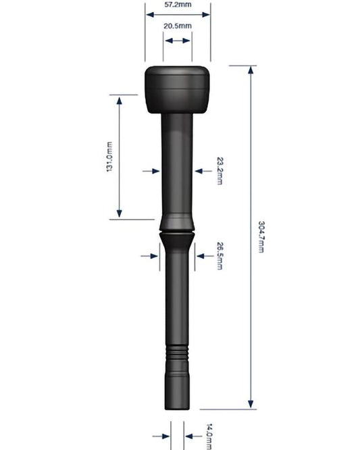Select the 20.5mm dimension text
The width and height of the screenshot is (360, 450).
(x=178, y=26)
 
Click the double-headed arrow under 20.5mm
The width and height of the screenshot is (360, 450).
(x=178, y=41)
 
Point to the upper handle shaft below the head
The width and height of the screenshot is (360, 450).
(x=178, y=162)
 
